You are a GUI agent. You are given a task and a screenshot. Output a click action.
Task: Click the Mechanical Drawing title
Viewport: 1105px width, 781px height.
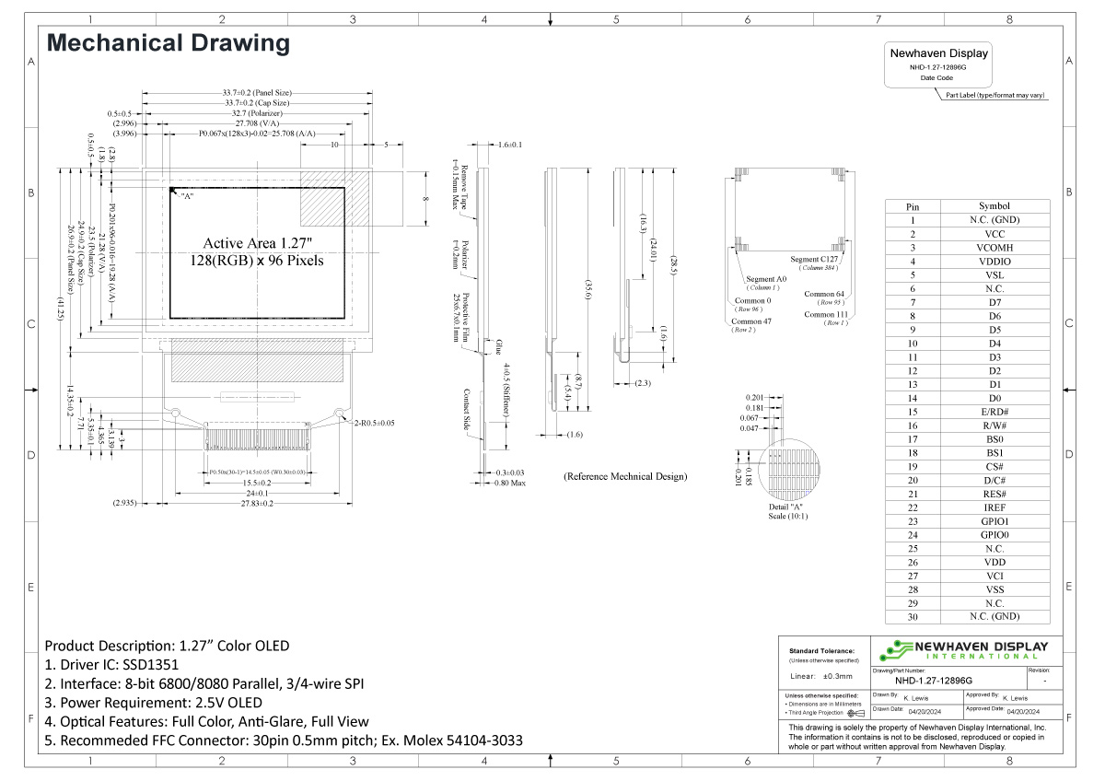click(x=168, y=43)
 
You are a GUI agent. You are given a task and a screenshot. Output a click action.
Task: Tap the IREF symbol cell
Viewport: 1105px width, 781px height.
click(x=994, y=507)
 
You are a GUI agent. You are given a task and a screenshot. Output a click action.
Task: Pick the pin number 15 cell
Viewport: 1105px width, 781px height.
click(x=912, y=412)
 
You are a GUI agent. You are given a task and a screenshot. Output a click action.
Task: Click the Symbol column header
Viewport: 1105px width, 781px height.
click(x=994, y=206)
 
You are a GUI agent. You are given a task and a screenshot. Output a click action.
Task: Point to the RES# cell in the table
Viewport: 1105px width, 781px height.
click(x=994, y=494)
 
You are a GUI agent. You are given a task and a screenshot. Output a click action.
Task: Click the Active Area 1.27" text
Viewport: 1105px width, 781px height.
click(x=259, y=243)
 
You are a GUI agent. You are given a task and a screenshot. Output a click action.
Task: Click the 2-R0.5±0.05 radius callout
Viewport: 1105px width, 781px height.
click(x=375, y=423)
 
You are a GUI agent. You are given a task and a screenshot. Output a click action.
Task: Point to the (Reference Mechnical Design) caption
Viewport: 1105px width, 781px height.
click(x=625, y=477)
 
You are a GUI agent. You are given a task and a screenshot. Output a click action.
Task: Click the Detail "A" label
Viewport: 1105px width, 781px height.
click(x=785, y=507)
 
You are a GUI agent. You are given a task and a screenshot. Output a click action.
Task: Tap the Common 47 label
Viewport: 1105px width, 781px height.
click(x=752, y=321)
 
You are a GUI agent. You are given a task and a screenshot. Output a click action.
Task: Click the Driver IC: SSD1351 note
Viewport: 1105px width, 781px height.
click(x=111, y=664)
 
